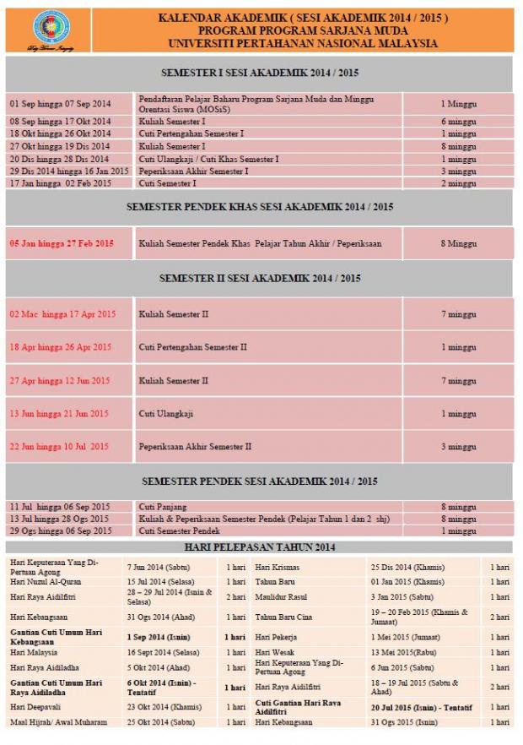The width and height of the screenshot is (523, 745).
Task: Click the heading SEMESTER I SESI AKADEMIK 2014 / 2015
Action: coord(260,73)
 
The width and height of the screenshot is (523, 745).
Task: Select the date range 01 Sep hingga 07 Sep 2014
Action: coord(60,104)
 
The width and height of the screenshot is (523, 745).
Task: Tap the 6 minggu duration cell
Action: coord(458,122)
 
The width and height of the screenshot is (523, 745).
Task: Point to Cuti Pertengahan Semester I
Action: coord(191,133)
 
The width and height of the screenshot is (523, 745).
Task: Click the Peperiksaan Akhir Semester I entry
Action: coord(193,171)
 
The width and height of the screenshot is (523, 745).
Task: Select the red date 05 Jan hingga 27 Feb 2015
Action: coord(62,243)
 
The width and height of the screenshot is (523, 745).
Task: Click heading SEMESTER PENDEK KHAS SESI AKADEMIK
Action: coord(260,206)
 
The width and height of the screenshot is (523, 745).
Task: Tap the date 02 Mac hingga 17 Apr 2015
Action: coord(62,314)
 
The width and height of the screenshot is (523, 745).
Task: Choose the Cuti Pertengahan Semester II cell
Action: coord(193,347)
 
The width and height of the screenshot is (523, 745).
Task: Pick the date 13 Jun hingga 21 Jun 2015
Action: coord(59,414)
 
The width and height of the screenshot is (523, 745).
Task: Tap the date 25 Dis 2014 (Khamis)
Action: coord(407,568)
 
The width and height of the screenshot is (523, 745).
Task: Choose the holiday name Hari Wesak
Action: coord(275,653)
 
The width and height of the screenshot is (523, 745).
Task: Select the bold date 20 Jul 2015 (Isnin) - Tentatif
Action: coord(422,707)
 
